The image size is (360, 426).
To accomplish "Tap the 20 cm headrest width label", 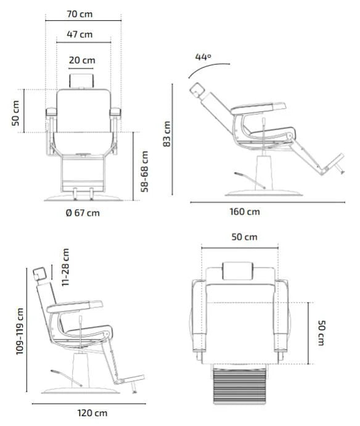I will [x=82, y=60].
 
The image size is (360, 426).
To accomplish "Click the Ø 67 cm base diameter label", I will [x=82, y=213].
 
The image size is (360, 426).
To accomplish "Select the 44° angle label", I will [x=203, y=57].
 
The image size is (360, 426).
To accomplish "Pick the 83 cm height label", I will [x=166, y=133].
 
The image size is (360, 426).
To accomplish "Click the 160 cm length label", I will [x=245, y=211].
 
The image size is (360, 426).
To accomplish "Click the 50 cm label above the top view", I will [x=245, y=237].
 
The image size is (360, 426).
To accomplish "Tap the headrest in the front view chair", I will [x=82, y=80].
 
